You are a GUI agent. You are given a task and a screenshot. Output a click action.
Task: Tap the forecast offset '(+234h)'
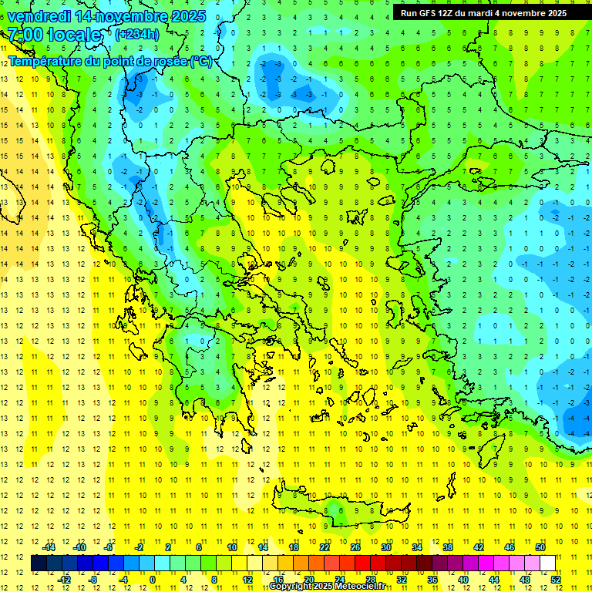[136, 34]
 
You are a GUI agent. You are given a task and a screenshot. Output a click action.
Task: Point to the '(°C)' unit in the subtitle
[200, 62]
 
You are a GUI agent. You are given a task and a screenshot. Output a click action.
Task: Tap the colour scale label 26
[355, 547]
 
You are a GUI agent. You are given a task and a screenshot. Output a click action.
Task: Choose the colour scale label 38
[448, 547]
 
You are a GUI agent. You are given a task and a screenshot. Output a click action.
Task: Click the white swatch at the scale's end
[548, 563]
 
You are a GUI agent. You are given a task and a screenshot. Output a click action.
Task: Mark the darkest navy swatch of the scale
[39, 563]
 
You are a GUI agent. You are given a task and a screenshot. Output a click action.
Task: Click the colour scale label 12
[247, 580]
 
